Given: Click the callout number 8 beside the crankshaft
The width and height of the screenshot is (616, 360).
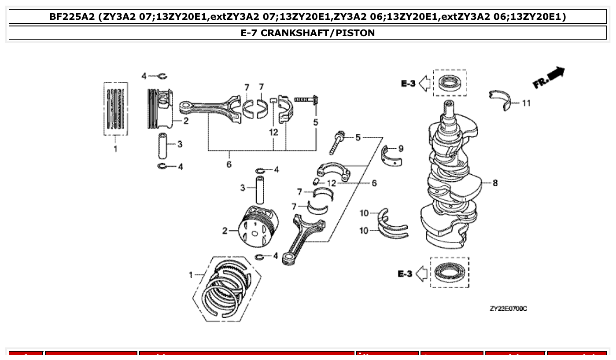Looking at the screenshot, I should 495,183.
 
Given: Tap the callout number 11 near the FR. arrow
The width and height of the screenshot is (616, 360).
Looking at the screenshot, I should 526,103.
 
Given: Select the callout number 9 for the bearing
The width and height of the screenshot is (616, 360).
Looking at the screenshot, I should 400,149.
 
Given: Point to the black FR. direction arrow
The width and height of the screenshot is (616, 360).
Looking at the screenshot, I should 549,77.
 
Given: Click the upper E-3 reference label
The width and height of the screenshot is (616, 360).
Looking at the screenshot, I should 408,83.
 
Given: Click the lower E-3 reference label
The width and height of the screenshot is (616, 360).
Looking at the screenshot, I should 405,274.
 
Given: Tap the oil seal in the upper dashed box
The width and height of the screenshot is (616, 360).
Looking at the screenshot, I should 450,83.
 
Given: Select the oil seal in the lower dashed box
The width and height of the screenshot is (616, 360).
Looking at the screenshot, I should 450,272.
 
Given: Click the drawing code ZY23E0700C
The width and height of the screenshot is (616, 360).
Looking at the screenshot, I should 508,309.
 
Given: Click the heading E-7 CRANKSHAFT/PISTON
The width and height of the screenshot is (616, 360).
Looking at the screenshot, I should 307,33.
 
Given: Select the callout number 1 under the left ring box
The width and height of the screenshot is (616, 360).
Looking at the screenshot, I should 115,149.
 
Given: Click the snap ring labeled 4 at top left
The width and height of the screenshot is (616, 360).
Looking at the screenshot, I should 161,77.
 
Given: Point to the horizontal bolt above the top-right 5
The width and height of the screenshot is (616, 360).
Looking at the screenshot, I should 306,100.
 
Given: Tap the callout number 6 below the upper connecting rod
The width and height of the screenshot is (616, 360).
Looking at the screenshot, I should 229,165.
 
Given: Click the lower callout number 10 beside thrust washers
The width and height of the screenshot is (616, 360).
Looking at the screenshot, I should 364,230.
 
